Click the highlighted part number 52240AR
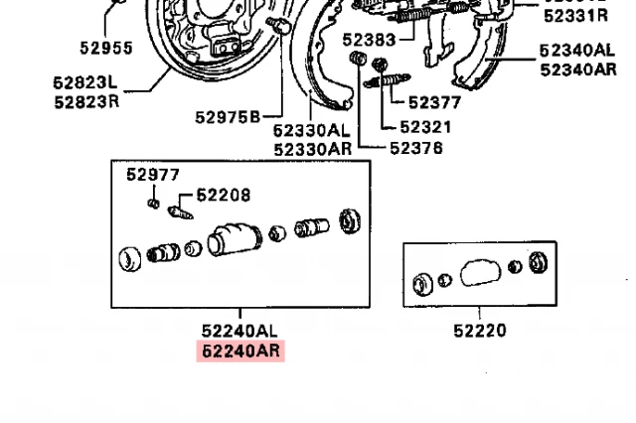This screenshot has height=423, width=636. click(241, 351)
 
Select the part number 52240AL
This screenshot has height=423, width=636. click(241, 331)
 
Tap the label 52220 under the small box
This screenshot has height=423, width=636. click(479, 331)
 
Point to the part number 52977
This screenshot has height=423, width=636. click(152, 175)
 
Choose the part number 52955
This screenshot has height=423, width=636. click(105, 48)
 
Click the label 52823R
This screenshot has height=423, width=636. click(85, 101)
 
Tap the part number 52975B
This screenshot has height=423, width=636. click(227, 117)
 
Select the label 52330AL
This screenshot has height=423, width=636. click(311, 130)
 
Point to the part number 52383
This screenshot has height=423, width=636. click(369, 40)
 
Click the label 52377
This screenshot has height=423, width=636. click(434, 101)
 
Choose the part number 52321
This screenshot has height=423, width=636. click(425, 126)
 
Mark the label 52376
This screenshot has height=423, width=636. click(416, 148)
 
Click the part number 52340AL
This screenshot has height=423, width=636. click(577, 50)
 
